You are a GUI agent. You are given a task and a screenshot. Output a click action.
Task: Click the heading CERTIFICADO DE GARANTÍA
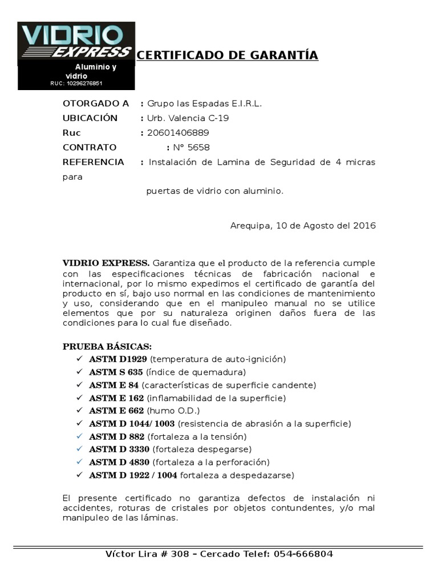[228, 55]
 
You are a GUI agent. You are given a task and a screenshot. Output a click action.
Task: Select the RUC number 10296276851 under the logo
[76, 83]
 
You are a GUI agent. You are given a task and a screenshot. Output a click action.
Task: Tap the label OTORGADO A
[95, 103]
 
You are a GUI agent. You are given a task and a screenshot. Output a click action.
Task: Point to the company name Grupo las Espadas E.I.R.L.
[204, 103]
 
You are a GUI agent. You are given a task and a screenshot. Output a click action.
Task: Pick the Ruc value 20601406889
[179, 133]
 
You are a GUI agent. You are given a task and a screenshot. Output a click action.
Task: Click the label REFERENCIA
[93, 162]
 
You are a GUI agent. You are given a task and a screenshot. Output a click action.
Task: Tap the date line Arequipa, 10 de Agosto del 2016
[303, 225]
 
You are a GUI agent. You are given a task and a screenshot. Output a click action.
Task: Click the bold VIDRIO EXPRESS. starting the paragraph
[106, 263]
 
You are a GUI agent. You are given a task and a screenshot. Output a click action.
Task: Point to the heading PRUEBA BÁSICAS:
[107, 347]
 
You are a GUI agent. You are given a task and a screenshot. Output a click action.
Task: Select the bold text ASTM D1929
[118, 359]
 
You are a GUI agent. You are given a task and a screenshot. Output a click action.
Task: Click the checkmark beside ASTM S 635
[79, 372]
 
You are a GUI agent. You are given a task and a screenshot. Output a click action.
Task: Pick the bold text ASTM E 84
[113, 384]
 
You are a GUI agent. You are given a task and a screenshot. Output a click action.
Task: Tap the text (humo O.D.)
[174, 411]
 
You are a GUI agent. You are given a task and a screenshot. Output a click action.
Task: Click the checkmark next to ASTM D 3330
[79, 449]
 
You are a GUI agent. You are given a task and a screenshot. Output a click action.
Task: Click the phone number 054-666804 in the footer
[303, 554]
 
